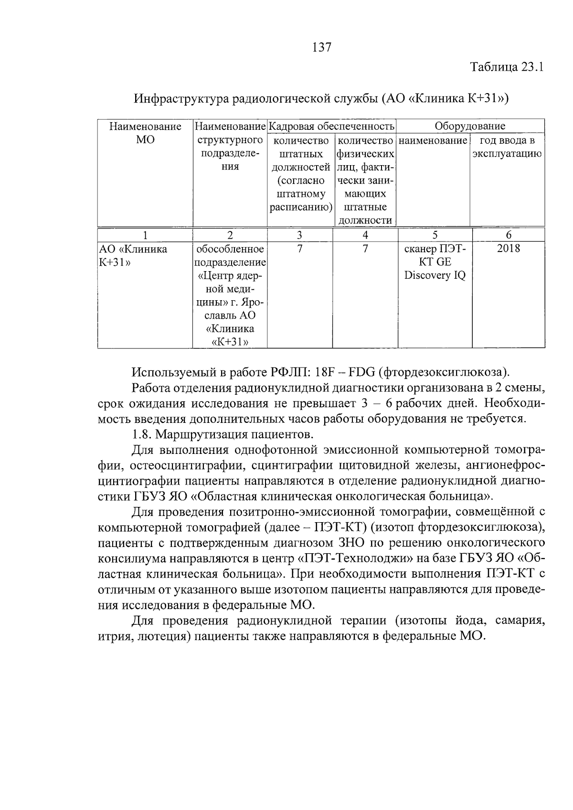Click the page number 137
click(x=321, y=47)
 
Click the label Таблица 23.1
click(x=507, y=67)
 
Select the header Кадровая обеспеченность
click(x=332, y=126)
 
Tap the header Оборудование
click(x=470, y=126)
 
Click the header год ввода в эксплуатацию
click(x=507, y=147)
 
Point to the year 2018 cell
click(x=508, y=249)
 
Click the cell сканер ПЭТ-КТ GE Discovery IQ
click(x=435, y=262)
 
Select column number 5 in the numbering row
click(x=435, y=235)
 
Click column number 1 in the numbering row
click(x=145, y=235)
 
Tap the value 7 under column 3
click(x=299, y=249)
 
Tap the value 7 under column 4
click(x=365, y=249)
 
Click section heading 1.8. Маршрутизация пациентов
click(x=223, y=435)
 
